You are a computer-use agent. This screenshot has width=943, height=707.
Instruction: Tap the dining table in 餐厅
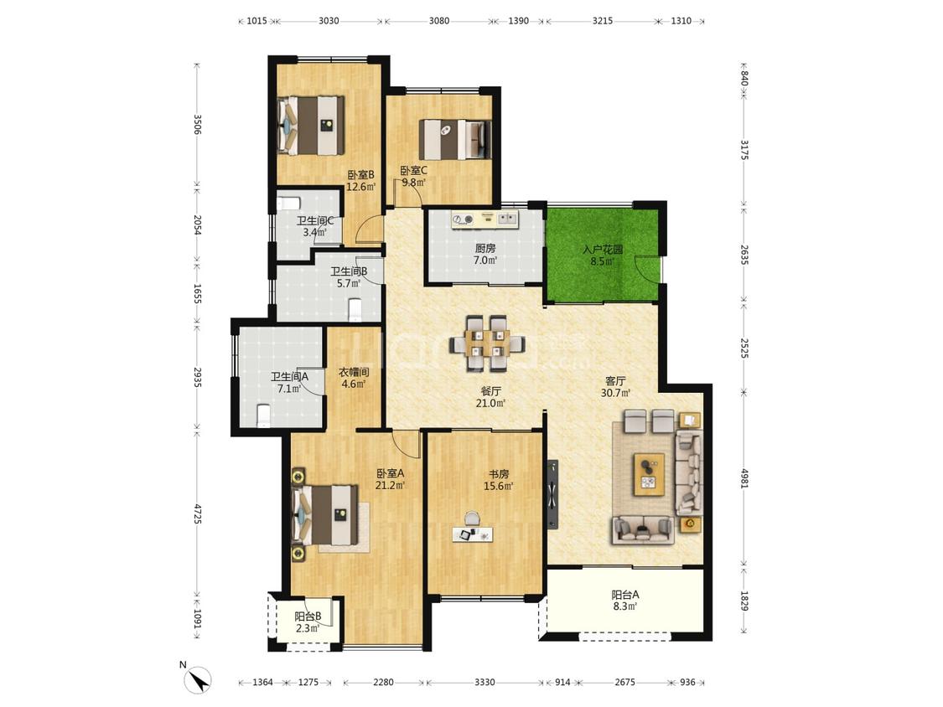[487, 343]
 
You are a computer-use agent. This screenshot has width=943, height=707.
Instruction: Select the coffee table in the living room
[649, 474]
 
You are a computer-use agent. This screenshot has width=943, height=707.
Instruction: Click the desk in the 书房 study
[473, 534]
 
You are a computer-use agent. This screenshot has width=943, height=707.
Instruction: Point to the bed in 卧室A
[324, 515]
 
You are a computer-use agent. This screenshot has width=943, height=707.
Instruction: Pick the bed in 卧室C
[454, 140]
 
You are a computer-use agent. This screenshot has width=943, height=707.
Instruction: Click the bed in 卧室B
[312, 125]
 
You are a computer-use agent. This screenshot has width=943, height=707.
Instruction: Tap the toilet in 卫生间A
[263, 415]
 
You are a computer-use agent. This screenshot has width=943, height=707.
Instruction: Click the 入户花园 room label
[602, 250]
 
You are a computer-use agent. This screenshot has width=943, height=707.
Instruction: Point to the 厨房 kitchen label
[485, 248]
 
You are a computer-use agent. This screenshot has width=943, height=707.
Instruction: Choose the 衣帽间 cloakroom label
[354, 372]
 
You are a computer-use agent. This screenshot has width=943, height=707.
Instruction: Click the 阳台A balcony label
[625, 595]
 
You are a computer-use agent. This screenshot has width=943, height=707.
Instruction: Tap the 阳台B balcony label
[308, 617]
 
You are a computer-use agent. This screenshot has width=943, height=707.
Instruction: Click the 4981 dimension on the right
[744, 478]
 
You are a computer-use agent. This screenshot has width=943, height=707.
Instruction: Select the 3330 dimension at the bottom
[484, 682]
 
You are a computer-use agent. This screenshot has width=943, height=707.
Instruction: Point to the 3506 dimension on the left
[197, 125]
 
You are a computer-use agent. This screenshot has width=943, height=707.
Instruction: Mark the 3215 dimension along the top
[603, 20]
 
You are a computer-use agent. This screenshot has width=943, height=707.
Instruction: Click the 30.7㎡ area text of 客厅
[615, 393]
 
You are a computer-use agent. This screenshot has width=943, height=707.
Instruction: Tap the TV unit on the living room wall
[552, 494]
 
